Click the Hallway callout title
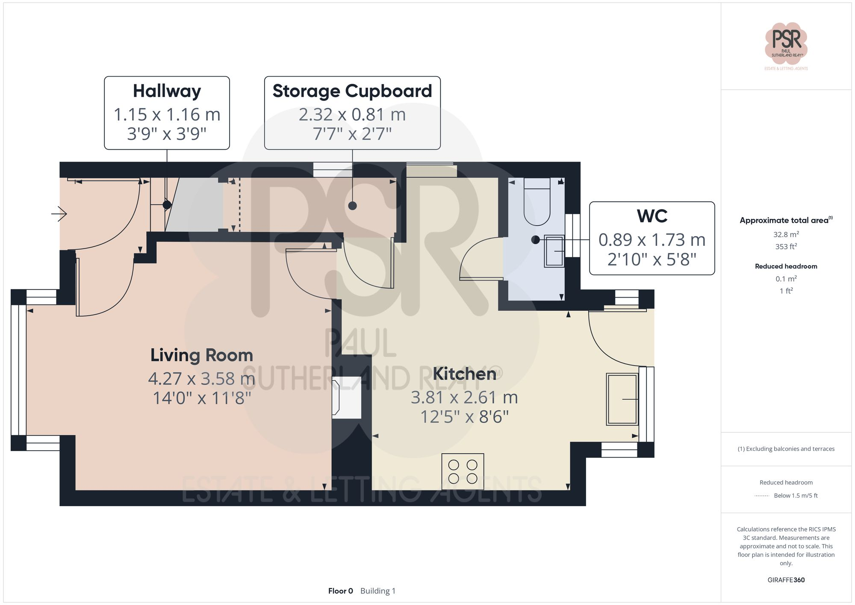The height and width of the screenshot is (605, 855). click(x=167, y=91)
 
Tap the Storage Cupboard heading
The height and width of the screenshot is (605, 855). click(x=352, y=91)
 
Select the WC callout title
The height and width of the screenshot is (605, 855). click(x=652, y=216)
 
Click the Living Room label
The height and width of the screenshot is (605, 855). click(x=201, y=355)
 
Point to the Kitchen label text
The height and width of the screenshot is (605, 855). click(x=464, y=374)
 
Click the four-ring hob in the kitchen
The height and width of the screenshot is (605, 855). click(x=463, y=472)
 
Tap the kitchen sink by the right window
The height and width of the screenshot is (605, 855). click(x=622, y=399)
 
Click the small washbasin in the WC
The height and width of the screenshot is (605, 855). click(x=554, y=251)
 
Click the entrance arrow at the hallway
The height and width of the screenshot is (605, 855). click(x=59, y=213)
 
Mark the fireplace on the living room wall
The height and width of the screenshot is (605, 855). click(x=346, y=397)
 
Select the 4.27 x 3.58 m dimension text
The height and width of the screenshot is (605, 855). click(x=201, y=379)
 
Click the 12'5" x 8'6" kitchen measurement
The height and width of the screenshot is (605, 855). click(x=464, y=417)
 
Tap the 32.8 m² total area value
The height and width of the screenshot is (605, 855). click(x=786, y=234)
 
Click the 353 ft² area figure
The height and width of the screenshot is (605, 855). click(x=786, y=247)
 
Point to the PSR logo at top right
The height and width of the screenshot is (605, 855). click(x=786, y=43)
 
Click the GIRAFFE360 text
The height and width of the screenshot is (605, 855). click(x=786, y=580)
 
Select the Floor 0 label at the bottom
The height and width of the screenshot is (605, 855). click(x=340, y=591)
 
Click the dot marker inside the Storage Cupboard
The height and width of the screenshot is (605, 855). click(x=352, y=206)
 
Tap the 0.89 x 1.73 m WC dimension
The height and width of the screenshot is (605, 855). click(x=652, y=240)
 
